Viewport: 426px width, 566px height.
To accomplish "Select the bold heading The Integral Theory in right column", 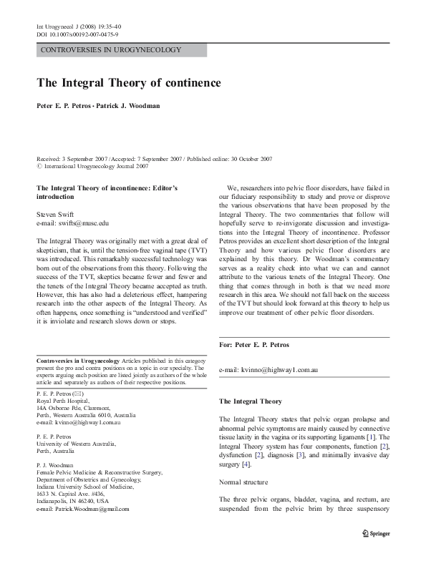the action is pyautogui.click(x=251, y=401).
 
